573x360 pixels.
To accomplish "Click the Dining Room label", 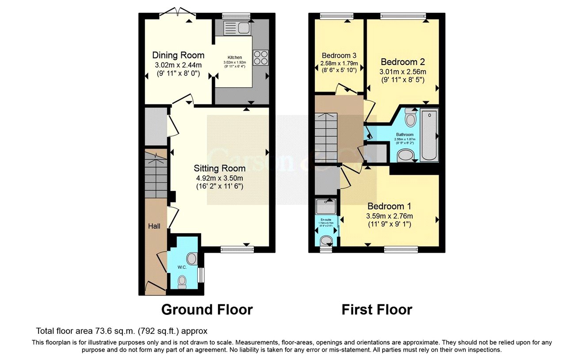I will pyautogui.click(x=178, y=55).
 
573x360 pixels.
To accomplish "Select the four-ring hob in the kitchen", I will pyautogui.click(x=260, y=57).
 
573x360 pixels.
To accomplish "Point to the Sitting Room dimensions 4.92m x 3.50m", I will pyautogui.click(x=219, y=178).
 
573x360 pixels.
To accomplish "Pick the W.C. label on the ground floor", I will pyautogui.click(x=181, y=267).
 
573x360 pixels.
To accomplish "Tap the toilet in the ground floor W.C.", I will pyautogui.click(x=182, y=281).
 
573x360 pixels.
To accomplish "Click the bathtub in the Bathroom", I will pyautogui.click(x=429, y=135).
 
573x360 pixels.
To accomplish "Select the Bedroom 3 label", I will pyautogui.click(x=339, y=56).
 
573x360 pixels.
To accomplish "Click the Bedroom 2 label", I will pyautogui.click(x=403, y=62).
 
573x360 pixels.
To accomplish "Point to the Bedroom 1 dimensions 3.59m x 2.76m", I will pyautogui.click(x=390, y=216).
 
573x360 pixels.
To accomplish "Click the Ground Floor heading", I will pyautogui.click(x=207, y=310).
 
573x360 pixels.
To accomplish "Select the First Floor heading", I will pyautogui.click(x=377, y=310).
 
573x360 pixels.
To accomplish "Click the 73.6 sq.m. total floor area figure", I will pyautogui.click(x=108, y=331).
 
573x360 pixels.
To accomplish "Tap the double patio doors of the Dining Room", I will pyautogui.click(x=178, y=13).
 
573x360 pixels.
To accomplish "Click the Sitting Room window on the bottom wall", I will pyautogui.click(x=237, y=249).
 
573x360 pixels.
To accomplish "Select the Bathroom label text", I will pyautogui.click(x=405, y=134).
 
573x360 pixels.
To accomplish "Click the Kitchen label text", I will pyautogui.click(x=235, y=57).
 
